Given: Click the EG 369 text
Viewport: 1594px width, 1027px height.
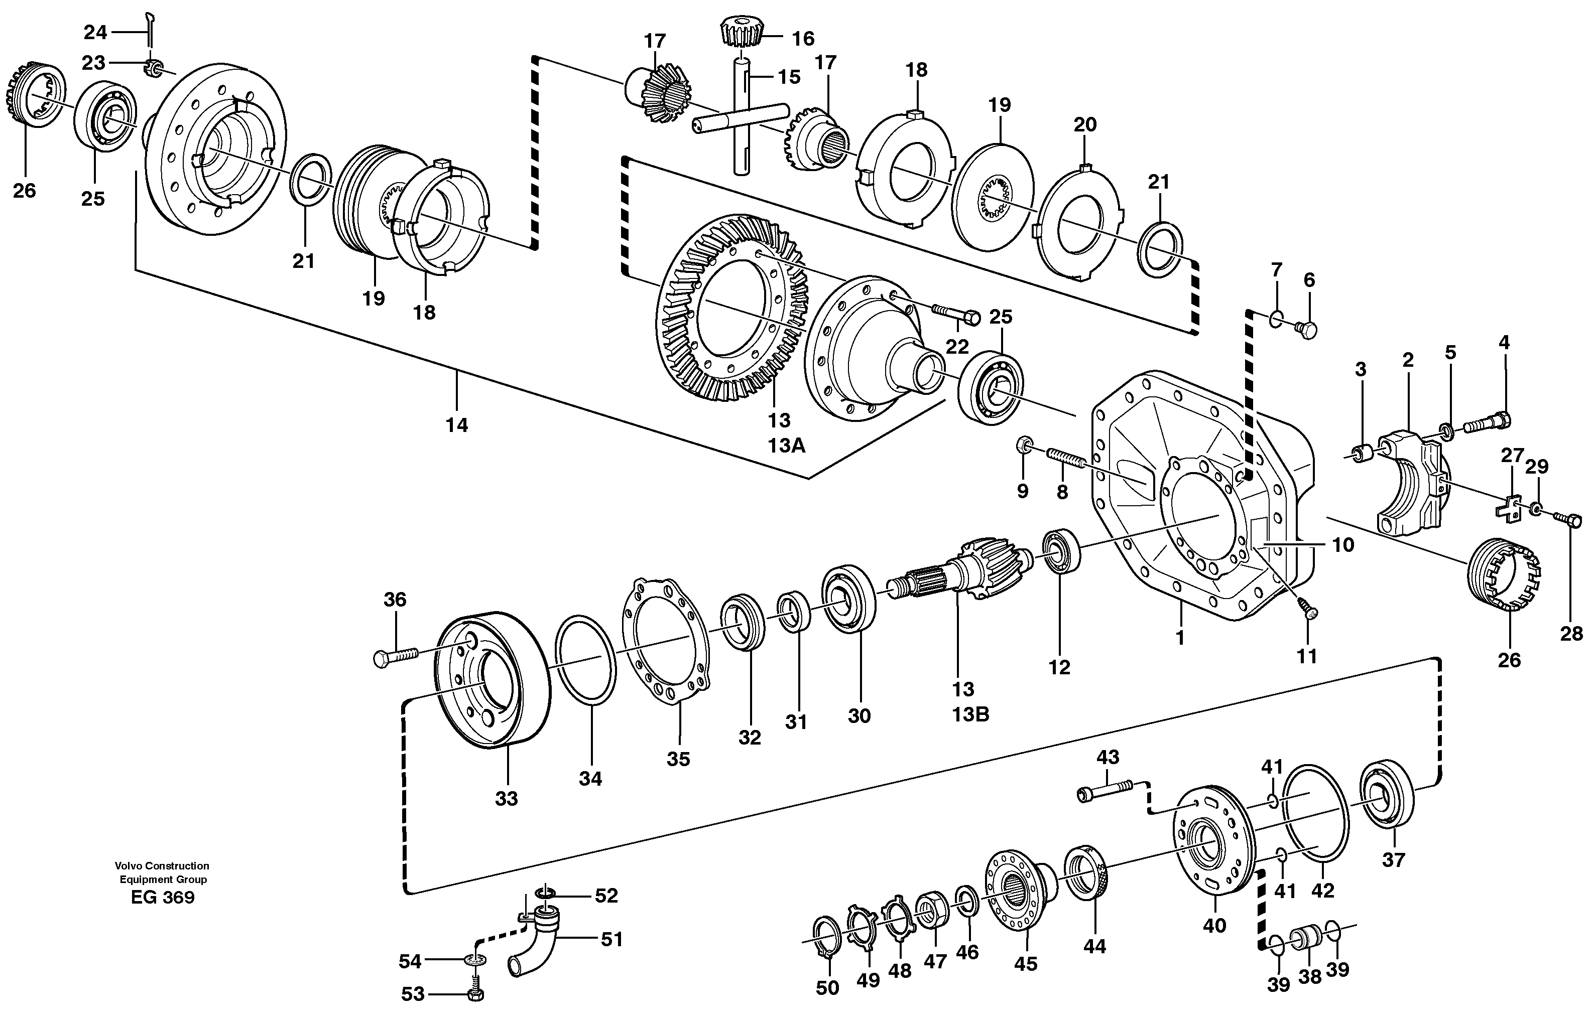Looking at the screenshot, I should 163,898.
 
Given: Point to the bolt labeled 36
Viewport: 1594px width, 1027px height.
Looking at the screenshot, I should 394,658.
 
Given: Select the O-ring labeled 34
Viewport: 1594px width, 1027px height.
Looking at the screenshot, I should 586,659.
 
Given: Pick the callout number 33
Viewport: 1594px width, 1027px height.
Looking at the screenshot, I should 507,798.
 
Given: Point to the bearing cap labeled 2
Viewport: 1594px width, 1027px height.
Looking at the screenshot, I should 1408,480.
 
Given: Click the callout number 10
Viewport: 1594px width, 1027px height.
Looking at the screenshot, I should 1342,545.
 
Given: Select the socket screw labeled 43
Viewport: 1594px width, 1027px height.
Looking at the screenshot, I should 1105,792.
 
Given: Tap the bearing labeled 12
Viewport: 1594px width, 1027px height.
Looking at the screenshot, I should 1061,551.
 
